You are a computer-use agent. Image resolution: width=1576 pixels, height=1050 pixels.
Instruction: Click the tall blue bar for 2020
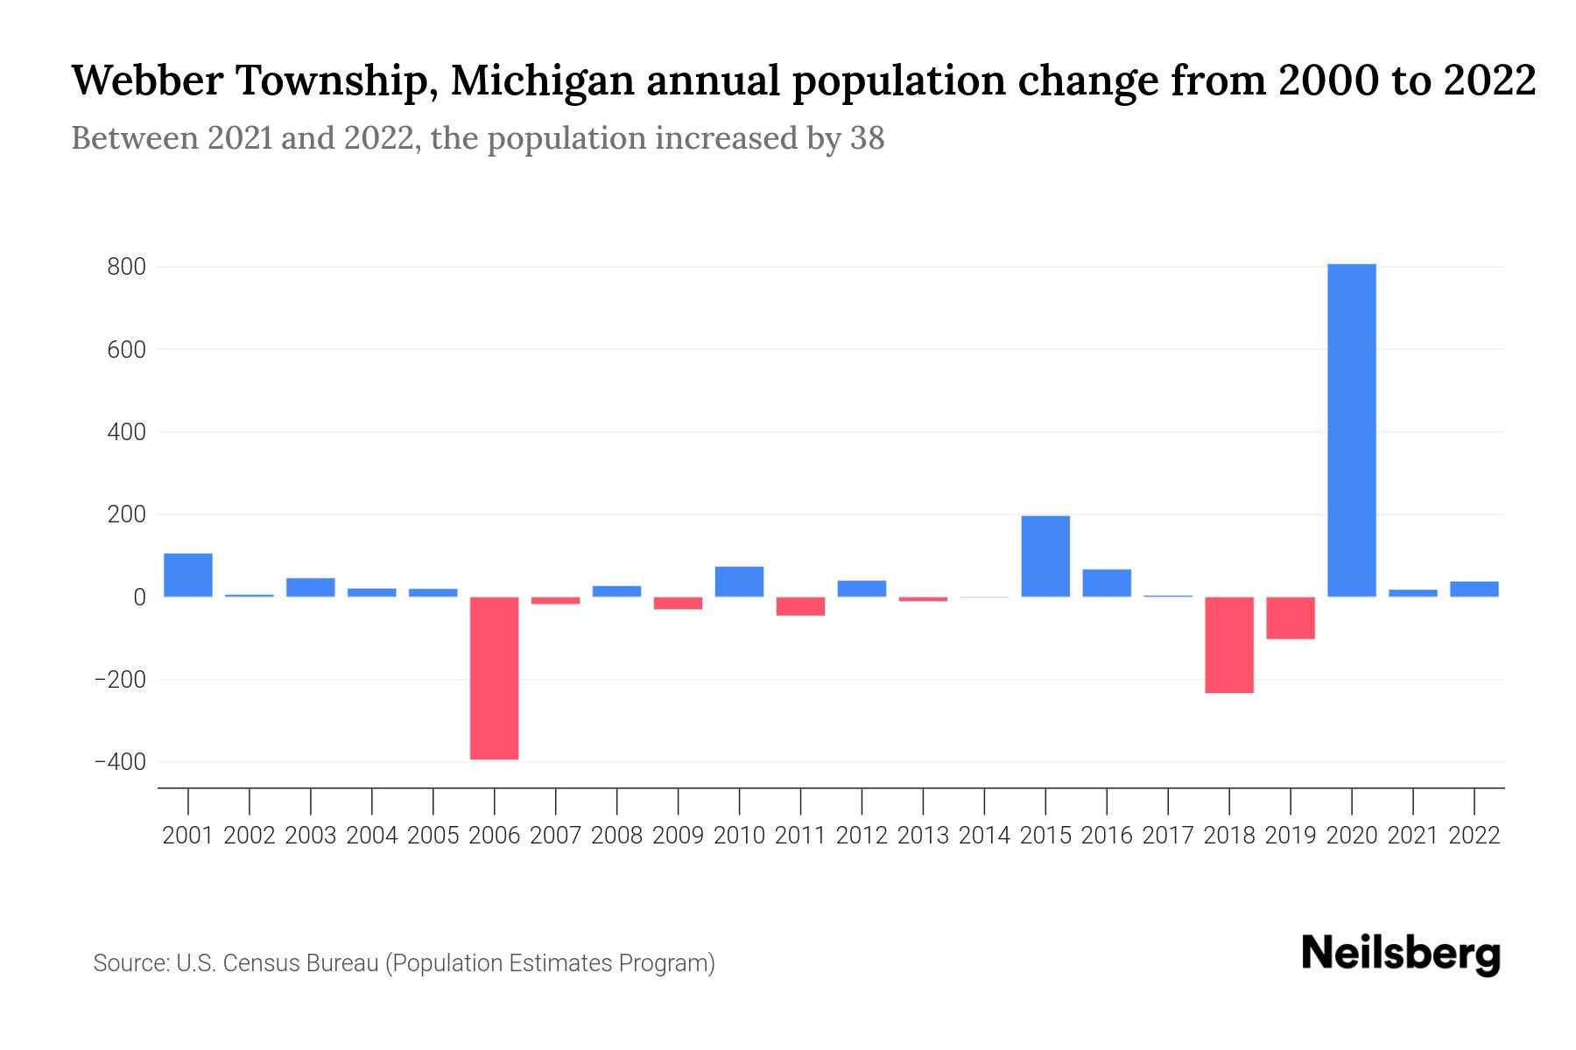tap(1351, 430)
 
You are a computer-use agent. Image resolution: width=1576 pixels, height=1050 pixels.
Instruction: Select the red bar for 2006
tap(494, 678)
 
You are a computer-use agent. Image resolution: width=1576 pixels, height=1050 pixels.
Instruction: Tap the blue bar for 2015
tap(1045, 556)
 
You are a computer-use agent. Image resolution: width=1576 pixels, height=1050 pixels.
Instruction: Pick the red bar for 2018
tap(1229, 645)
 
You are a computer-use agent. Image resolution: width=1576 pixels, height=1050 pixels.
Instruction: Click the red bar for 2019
tap(1291, 618)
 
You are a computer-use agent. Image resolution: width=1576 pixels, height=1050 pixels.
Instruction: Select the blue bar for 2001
tap(188, 575)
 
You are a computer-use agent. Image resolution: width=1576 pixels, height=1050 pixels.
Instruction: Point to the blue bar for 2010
tap(739, 582)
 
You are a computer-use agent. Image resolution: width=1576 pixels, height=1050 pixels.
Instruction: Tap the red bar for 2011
tap(800, 606)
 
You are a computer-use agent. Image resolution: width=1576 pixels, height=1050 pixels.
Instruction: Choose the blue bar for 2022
tap(1474, 589)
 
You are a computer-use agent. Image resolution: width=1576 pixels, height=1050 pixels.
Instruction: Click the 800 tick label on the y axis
tap(126, 267)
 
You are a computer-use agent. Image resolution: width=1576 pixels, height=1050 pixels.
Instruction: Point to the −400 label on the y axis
tap(119, 762)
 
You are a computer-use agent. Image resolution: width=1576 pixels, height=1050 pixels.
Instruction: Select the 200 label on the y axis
tap(126, 514)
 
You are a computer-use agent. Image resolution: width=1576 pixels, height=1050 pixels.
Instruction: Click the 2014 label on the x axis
tap(984, 836)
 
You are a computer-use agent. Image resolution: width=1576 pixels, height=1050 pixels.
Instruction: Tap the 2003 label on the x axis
tap(311, 836)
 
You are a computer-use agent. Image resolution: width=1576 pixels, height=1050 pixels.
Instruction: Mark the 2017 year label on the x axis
tap(1168, 836)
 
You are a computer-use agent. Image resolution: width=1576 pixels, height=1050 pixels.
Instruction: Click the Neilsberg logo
tap(1401, 954)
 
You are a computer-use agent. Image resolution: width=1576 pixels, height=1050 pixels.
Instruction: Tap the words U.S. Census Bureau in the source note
tap(278, 963)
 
